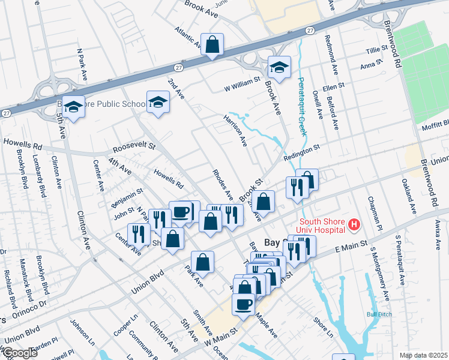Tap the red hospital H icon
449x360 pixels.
(354, 226)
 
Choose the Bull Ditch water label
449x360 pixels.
(376, 314)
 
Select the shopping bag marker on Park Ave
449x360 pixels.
(203, 262)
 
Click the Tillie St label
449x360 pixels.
(378, 51)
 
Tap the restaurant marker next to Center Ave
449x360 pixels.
(139, 234)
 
